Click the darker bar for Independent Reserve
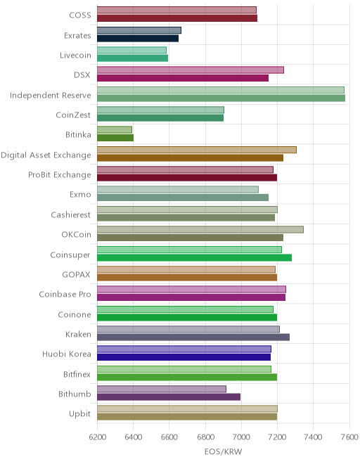click(221, 98)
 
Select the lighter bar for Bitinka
click(115, 129)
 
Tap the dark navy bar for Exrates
click(138, 38)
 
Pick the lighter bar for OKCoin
click(200, 229)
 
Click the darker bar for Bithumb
click(169, 397)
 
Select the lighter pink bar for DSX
click(191, 70)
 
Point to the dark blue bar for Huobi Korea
click(184, 357)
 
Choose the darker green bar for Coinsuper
click(194, 257)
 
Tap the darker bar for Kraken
click(193, 337)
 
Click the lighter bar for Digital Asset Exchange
click(197, 150)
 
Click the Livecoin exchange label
click(75, 56)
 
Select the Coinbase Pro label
click(65, 294)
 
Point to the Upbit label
click(79, 413)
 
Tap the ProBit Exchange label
click(60, 175)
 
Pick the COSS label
click(80, 15)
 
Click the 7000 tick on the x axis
click(241, 437)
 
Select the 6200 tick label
click(98, 437)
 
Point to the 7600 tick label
click(349, 437)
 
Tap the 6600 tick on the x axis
click(169, 437)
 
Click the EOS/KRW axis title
click(223, 451)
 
